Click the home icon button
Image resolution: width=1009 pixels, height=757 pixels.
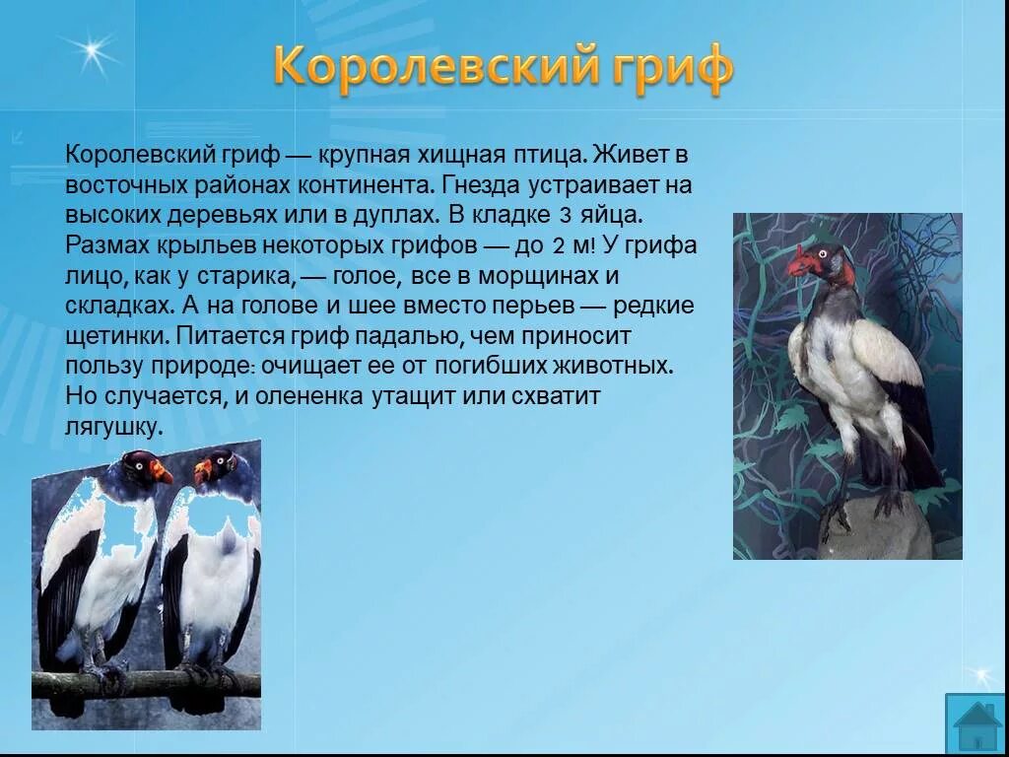click(x=975, y=723)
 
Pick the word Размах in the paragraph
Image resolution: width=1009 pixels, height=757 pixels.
click(x=103, y=245)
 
